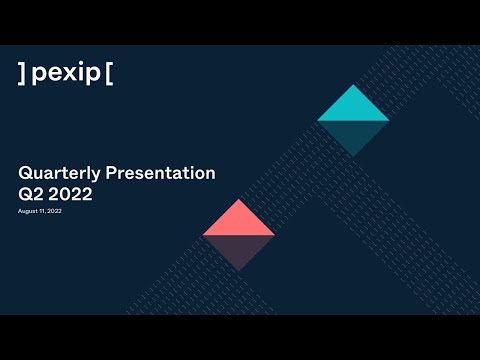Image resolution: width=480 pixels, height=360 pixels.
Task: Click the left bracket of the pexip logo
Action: [22, 73]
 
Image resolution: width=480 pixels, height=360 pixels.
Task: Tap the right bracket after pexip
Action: [108, 73]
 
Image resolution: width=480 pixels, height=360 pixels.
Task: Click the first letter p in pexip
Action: [39, 75]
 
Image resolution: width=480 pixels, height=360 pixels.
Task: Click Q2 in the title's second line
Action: [29, 195]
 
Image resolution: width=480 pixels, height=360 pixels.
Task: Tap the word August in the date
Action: [27, 212]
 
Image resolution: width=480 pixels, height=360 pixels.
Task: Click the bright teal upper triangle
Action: [353, 108]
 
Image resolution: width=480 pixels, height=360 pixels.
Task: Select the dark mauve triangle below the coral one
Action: [238, 249]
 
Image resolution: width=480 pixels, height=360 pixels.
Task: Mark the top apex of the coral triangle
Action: [238, 201]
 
